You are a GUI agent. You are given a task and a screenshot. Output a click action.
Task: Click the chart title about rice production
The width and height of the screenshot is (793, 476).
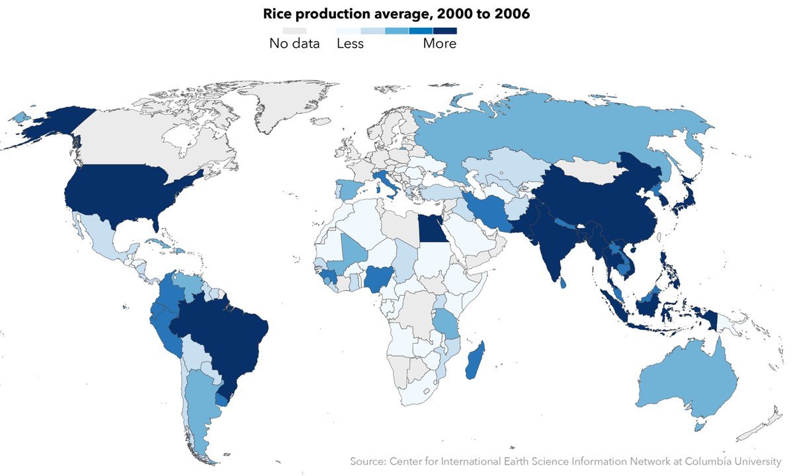click(x=396, y=14)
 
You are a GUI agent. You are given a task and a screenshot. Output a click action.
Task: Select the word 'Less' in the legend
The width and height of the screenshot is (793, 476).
click(x=350, y=44)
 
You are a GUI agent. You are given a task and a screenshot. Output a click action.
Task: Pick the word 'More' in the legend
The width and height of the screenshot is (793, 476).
click(x=439, y=44)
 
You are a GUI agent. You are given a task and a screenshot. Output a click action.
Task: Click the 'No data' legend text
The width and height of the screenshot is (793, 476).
click(x=294, y=44)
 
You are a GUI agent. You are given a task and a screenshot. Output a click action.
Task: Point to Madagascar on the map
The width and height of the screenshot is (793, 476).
click(x=474, y=360)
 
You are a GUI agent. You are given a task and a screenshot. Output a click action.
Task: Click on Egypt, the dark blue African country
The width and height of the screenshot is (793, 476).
click(x=430, y=231)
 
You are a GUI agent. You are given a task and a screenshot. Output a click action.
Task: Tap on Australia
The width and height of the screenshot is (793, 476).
click(x=688, y=383)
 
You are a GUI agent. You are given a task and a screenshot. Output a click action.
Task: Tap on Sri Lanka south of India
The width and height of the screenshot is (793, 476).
click(x=562, y=282)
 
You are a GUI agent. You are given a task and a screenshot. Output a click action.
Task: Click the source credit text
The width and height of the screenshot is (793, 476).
click(x=565, y=461)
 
